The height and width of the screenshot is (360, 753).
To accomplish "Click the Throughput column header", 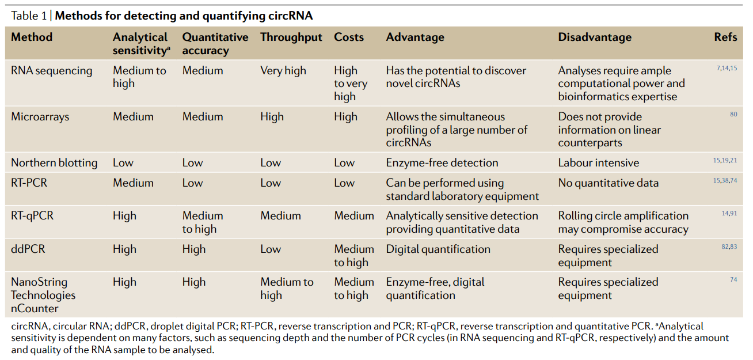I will click(291, 37).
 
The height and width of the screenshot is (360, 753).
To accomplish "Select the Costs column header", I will click(349, 37).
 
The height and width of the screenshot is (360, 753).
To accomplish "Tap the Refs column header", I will click(725, 37).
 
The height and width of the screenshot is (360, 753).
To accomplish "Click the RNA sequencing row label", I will click(52, 71).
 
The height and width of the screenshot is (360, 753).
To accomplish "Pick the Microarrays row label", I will click(40, 117).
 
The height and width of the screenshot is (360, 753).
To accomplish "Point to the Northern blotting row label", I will click(54, 163).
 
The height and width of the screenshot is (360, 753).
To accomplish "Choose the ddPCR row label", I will click(28, 249).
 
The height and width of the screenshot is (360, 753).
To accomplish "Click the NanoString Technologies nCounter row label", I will click(43, 295).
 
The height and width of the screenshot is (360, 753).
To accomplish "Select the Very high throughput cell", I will click(283, 71).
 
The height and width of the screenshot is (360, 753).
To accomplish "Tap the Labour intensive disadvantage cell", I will click(599, 163).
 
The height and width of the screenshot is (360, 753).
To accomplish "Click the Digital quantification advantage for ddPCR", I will click(438, 249).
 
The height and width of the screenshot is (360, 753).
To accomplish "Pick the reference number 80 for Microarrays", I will click(733, 115).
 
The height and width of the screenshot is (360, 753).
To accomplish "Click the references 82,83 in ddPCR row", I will click(729, 247).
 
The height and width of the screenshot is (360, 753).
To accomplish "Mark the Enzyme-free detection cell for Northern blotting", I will click(442, 163).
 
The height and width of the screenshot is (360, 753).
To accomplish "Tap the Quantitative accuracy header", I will click(215, 44).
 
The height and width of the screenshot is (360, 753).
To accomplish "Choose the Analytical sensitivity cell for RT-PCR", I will click(133, 183).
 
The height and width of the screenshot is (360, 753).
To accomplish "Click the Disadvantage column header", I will click(595, 37).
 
